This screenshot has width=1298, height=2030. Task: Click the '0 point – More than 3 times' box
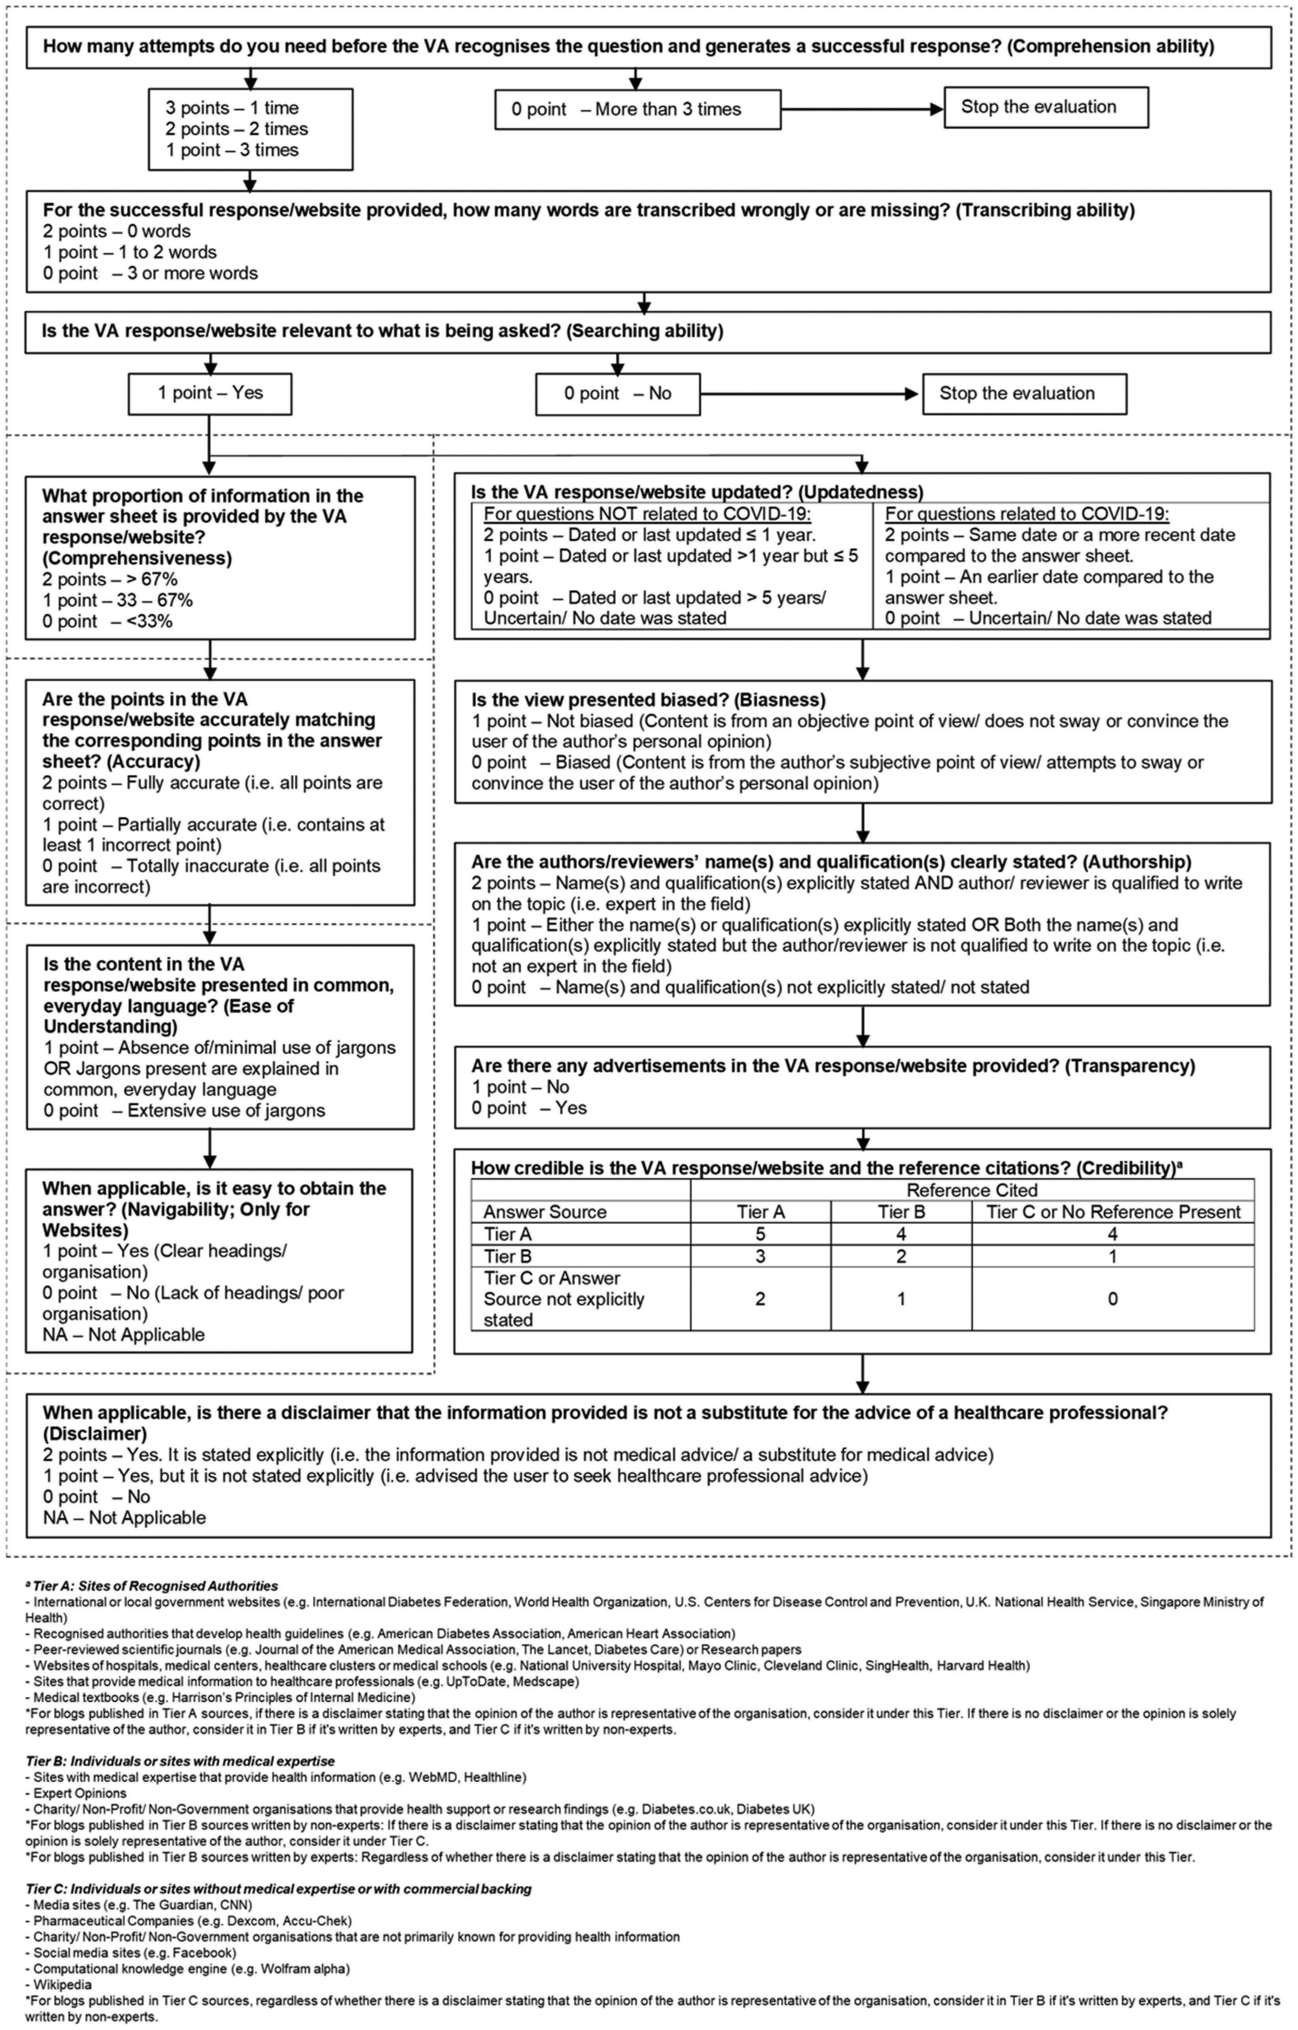coord(637,110)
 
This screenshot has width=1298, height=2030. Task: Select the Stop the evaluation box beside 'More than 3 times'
coord(1045,107)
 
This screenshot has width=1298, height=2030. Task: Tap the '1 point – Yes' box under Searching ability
coord(210,394)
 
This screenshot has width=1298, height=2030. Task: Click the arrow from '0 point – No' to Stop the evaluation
coord(809,394)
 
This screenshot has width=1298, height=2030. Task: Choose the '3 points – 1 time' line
coord(232,108)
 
